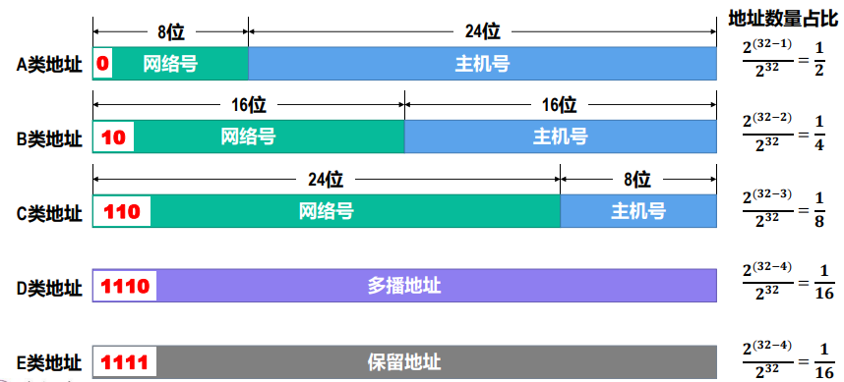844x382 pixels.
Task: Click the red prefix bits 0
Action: [x=102, y=65]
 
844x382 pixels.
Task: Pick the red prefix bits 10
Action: [x=113, y=137]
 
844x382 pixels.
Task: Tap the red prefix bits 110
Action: [x=122, y=211]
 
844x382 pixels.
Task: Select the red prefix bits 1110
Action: [x=125, y=287]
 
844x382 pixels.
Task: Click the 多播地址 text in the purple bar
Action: [x=404, y=287]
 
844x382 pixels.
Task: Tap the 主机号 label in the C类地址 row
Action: [x=638, y=211]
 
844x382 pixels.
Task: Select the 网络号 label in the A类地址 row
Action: [x=170, y=65]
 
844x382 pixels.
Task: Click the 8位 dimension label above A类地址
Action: [x=170, y=30]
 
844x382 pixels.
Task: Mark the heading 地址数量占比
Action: [x=784, y=19]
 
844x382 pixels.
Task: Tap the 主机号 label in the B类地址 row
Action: [x=561, y=137]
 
